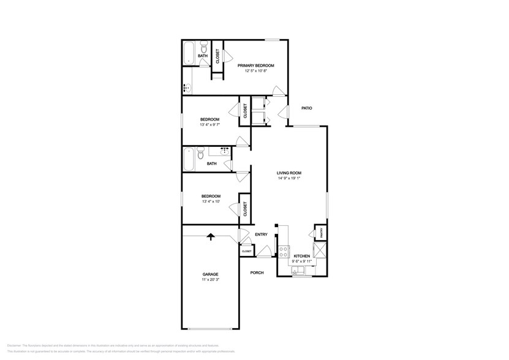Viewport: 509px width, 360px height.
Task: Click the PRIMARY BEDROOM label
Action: tap(255, 66)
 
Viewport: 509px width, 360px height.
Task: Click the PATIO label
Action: tap(307, 108)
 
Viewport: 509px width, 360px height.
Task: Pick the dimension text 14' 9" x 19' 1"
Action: tap(288, 179)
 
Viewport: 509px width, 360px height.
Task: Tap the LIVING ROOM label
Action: tap(288, 173)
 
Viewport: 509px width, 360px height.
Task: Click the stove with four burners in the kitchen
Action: tap(284, 250)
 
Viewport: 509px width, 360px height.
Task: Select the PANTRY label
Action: tap(320, 233)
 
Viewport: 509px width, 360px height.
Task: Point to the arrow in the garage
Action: tap(211, 236)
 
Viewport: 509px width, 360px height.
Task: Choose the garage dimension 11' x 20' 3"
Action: tap(210, 280)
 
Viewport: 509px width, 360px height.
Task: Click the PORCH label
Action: tap(257, 272)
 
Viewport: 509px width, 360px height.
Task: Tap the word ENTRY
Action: tap(261, 234)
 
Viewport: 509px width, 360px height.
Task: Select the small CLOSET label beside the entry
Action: tap(246, 252)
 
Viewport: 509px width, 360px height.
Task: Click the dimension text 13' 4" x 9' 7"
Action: tap(210, 125)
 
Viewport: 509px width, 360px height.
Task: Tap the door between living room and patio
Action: tap(282, 113)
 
